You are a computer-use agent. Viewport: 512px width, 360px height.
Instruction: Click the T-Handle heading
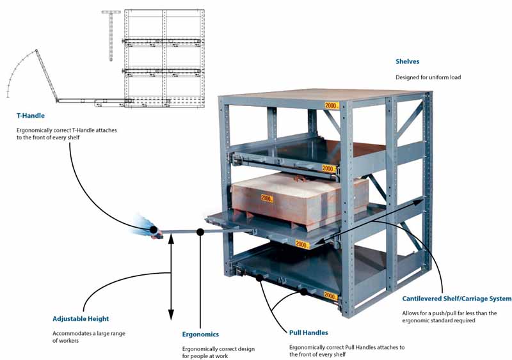(30, 116)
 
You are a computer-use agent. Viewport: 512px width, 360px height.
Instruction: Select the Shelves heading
(407, 61)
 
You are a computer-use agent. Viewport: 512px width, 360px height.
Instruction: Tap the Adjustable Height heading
(81, 319)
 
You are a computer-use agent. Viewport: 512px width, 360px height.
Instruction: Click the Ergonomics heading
(200, 334)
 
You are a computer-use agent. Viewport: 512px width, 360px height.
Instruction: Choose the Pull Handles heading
(308, 333)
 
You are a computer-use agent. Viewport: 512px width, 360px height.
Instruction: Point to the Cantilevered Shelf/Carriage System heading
(456, 299)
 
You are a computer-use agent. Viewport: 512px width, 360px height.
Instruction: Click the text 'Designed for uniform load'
(428, 77)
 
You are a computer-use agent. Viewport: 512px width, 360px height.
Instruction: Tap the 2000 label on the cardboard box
(267, 198)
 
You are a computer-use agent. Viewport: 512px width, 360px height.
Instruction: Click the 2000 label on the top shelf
(332, 106)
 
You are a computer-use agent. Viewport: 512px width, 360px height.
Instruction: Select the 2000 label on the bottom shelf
(330, 295)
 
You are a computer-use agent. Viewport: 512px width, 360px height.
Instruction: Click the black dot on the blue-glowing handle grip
(153, 230)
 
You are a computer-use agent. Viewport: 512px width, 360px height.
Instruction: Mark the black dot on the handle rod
(200, 232)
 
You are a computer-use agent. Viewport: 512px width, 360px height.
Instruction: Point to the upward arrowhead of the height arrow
(171, 239)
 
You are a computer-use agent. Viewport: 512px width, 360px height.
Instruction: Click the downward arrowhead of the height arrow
(171, 315)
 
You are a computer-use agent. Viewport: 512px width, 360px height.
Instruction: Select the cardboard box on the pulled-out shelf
(300, 199)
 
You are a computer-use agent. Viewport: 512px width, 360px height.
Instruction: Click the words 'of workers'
(66, 341)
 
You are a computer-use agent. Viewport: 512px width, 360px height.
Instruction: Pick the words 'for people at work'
(205, 356)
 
